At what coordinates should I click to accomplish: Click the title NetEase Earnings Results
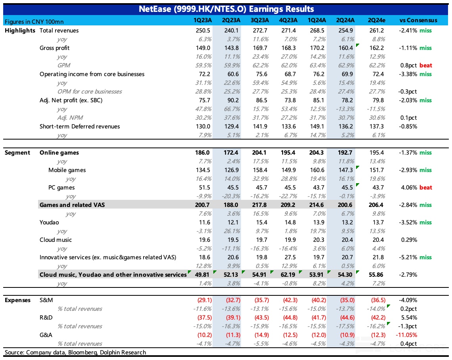[x=226, y=9]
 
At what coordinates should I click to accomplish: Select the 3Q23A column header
[x=260, y=20]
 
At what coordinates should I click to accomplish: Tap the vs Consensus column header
[x=418, y=20]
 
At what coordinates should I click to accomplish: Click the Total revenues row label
[x=59, y=31]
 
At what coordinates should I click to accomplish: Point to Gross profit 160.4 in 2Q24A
[x=346, y=48]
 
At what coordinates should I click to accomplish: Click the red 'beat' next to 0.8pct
[x=426, y=65]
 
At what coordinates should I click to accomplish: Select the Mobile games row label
[x=67, y=170]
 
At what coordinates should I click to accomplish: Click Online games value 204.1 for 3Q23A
[x=259, y=153]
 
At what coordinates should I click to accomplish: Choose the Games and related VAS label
[x=71, y=205]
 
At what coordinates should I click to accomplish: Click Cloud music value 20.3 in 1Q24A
[x=318, y=240]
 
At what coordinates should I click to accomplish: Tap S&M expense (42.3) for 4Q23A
[x=289, y=300]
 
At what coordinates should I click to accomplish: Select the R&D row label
[x=46, y=318]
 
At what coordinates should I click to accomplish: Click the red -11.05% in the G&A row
[x=409, y=335]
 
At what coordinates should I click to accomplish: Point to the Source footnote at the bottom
[x=75, y=352]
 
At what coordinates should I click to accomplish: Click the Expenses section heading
[x=17, y=300]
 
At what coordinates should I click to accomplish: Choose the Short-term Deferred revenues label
[x=80, y=126]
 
